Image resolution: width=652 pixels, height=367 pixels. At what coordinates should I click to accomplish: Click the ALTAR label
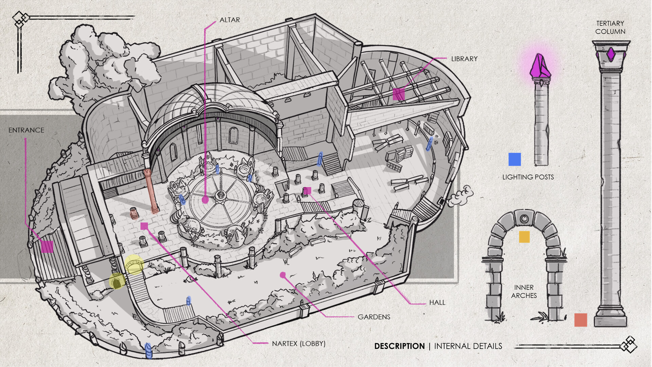point(230,20)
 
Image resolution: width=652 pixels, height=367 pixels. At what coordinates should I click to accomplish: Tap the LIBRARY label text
point(464,59)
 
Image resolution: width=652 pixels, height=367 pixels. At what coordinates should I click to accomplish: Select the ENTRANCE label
point(26,130)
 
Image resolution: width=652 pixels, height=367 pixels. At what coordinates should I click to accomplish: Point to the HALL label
point(437,302)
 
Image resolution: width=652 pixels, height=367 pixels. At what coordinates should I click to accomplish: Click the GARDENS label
point(374,317)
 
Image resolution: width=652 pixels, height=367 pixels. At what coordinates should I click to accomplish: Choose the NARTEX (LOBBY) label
point(298,344)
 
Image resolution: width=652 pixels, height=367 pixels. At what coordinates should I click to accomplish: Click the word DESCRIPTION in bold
point(399,346)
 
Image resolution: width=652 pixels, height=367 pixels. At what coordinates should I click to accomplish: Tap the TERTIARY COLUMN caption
point(610,28)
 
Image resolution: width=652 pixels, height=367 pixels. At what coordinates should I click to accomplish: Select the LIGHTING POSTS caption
point(528,177)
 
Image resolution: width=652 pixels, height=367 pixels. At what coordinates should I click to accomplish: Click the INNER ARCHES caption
point(524,291)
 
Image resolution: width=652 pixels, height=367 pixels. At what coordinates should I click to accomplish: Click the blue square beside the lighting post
point(514,159)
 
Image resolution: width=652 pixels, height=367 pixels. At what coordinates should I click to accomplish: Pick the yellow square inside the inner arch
point(524,237)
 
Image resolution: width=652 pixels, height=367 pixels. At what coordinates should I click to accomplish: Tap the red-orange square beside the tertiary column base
point(581,320)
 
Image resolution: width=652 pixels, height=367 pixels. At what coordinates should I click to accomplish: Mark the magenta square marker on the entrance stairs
point(47,247)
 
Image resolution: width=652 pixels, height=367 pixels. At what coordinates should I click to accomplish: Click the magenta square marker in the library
point(399,94)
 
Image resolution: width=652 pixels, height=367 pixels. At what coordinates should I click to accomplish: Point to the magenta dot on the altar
point(205,200)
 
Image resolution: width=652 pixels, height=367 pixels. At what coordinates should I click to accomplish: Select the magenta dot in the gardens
point(283,275)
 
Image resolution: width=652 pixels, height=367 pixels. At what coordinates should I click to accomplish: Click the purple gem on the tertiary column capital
point(611,54)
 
